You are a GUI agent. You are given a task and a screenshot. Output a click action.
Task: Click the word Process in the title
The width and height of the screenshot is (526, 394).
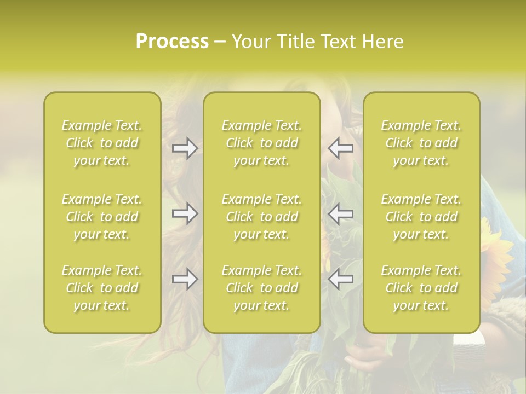(x=172, y=42)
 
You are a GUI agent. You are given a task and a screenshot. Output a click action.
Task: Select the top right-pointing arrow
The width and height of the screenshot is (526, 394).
(x=185, y=148)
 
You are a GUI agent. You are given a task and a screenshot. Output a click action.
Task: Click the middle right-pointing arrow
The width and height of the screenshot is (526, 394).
(x=185, y=213)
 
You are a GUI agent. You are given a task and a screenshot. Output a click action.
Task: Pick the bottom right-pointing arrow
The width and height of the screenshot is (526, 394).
(x=185, y=279)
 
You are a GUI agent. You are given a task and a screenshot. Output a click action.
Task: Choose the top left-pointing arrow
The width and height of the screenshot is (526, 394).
(x=341, y=148)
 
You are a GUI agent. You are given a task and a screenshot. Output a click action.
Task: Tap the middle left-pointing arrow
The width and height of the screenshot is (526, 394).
(x=341, y=213)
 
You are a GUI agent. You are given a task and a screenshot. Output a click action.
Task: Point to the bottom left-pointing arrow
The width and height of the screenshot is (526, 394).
(x=341, y=279)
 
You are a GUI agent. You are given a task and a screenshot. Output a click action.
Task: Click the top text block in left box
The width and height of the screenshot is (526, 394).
(x=102, y=143)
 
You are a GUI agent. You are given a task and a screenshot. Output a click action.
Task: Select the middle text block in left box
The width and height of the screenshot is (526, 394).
(x=102, y=217)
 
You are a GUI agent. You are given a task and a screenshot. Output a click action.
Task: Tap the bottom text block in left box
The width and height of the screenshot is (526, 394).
(x=102, y=288)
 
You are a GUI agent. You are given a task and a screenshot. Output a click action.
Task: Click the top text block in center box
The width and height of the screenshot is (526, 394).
(x=262, y=143)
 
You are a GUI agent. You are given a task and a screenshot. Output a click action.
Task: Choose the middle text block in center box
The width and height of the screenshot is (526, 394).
(x=262, y=217)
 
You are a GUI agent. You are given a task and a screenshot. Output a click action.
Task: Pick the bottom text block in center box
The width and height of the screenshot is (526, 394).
(x=262, y=288)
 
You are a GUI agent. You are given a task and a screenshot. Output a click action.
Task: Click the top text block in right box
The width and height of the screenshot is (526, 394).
(x=421, y=143)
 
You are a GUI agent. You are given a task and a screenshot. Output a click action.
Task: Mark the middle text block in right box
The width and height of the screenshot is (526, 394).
(x=421, y=217)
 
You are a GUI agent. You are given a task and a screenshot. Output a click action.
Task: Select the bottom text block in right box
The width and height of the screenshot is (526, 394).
(x=421, y=288)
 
